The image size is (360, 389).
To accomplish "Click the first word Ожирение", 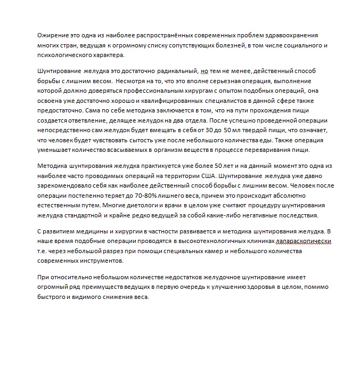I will click(x=53, y=35).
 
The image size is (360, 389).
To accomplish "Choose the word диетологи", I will click(x=134, y=206).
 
